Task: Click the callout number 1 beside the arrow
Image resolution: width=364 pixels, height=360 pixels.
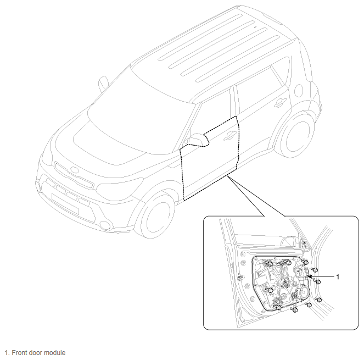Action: (338, 277)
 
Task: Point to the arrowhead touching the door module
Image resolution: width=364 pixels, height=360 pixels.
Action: (310, 276)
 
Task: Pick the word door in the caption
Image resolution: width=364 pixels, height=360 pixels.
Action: (36, 352)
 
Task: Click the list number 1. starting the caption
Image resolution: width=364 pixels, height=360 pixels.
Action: (7, 352)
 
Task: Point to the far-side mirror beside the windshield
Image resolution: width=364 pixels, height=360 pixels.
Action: (103, 84)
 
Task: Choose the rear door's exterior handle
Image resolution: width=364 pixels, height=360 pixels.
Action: (280, 103)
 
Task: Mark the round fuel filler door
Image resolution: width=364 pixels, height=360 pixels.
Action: (299, 91)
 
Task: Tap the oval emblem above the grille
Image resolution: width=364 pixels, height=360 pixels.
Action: (74, 170)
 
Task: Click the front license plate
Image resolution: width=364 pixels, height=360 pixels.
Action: (65, 204)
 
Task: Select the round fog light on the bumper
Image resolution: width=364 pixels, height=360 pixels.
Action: (105, 224)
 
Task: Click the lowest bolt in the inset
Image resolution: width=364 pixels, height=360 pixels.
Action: (294, 309)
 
